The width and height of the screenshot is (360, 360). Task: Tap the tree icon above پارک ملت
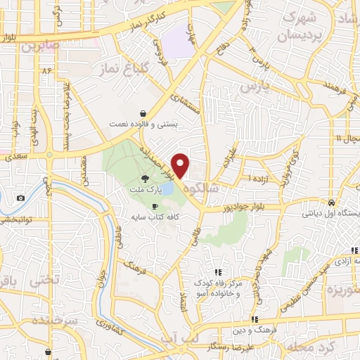tap(145, 179)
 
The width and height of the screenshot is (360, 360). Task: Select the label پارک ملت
tap(143, 190)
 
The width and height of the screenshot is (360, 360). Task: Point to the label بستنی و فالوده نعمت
tap(143, 124)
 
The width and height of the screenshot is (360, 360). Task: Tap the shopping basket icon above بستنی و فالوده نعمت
tap(143, 112)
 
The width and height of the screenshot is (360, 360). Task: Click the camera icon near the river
tap(20, 198)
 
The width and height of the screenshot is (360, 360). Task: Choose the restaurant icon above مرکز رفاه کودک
tap(218, 271)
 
